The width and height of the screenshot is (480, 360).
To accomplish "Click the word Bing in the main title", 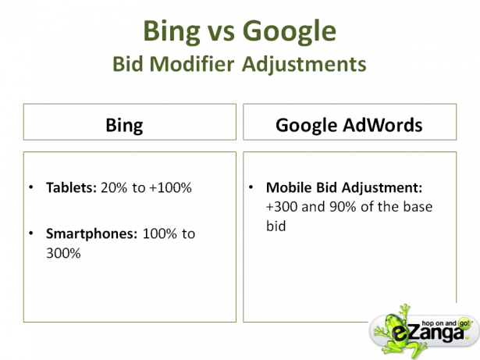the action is click(172, 32).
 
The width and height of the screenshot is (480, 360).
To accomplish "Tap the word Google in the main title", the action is click(290, 32).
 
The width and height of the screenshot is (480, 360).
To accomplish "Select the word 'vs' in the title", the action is click(222, 33).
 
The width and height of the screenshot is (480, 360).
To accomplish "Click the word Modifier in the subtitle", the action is click(192, 64).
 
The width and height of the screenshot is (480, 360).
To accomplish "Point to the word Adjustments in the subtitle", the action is click(304, 65).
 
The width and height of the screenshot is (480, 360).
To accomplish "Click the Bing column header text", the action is click(124, 126).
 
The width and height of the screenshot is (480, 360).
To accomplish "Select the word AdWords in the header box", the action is click(382, 125).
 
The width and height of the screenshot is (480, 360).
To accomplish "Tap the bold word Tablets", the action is click(71, 187).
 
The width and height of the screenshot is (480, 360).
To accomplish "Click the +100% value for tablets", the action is click(170, 187).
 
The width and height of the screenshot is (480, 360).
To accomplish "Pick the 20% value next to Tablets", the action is click(114, 187).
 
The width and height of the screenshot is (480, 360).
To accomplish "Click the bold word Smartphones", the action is click(92, 234).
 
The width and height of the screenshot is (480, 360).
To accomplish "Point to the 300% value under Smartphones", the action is click(63, 253).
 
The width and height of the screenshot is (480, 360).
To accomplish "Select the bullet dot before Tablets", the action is click(31, 187).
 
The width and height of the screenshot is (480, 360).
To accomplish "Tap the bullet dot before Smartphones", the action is click(31, 233).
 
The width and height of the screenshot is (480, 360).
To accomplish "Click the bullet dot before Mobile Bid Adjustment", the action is click(251, 187).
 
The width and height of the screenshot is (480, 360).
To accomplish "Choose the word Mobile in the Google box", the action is click(289, 187).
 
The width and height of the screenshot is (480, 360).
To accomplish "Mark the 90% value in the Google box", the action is click(343, 207).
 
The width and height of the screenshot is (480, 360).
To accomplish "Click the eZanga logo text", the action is click(428, 333).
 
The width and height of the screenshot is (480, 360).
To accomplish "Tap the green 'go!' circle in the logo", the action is click(464, 323).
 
